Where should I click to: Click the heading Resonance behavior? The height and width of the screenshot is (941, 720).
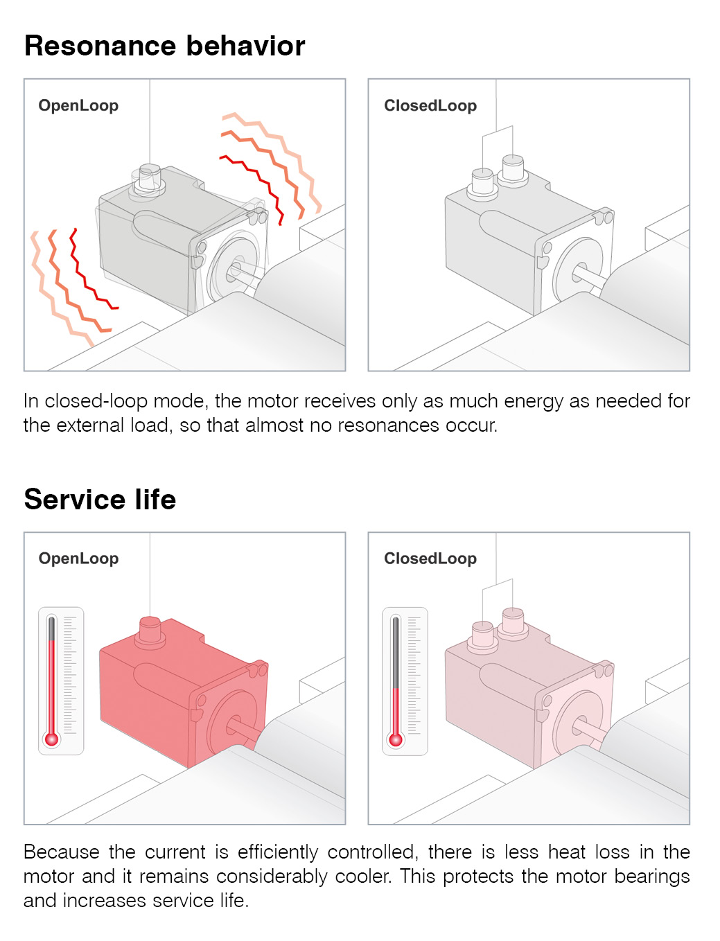pyautogui.click(x=164, y=46)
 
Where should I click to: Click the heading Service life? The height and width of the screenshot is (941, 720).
pyautogui.click(x=100, y=500)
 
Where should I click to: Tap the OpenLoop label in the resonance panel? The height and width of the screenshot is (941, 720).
pyautogui.click(x=78, y=105)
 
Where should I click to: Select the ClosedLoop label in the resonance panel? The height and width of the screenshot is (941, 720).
pyautogui.click(x=430, y=105)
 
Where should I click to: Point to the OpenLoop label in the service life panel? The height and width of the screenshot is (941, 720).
pyautogui.click(x=78, y=559)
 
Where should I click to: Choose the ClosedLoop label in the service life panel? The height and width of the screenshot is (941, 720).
pyautogui.click(x=430, y=559)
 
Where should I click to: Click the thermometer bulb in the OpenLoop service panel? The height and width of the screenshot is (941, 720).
pyautogui.click(x=52, y=739)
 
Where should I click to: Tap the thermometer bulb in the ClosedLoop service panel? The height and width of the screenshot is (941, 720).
pyautogui.click(x=396, y=739)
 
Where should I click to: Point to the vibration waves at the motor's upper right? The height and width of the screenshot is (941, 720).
pyautogui.click(x=270, y=166)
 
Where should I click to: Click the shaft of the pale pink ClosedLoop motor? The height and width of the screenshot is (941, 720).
pyautogui.click(x=589, y=728)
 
